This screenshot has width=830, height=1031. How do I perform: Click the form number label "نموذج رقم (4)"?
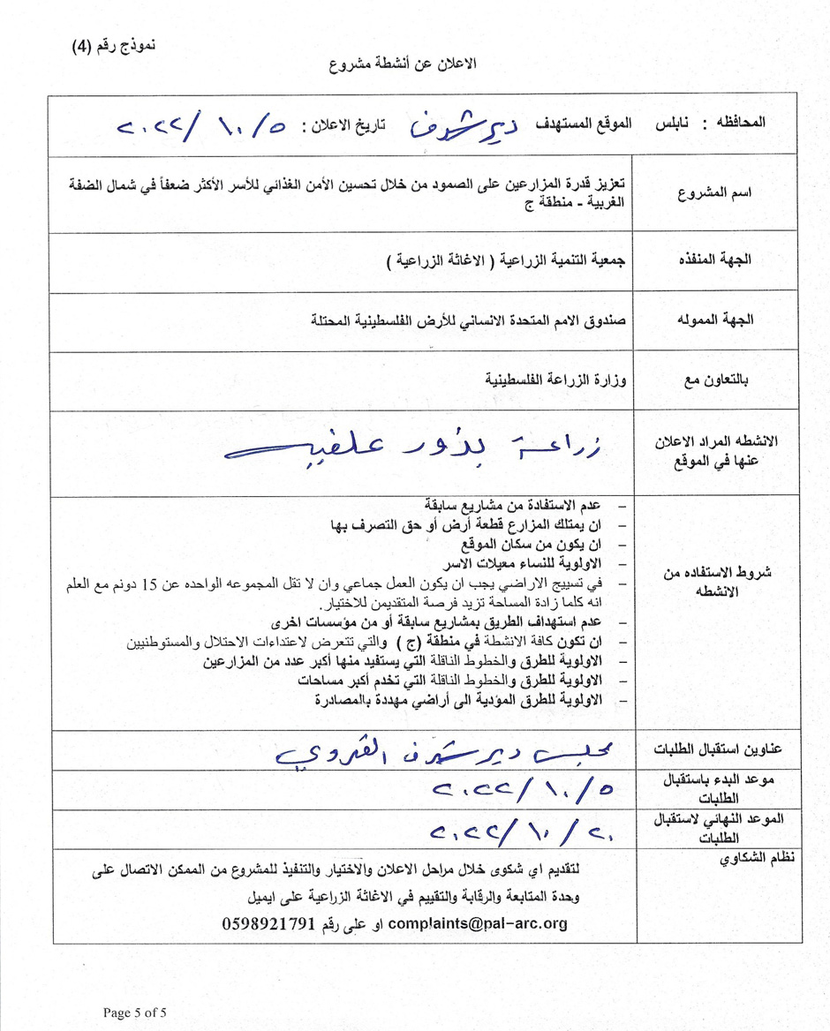tap(113, 47)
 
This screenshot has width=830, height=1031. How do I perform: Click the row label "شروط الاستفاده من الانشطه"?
tap(717, 582)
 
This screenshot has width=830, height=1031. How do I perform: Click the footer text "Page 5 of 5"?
tap(134, 1012)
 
